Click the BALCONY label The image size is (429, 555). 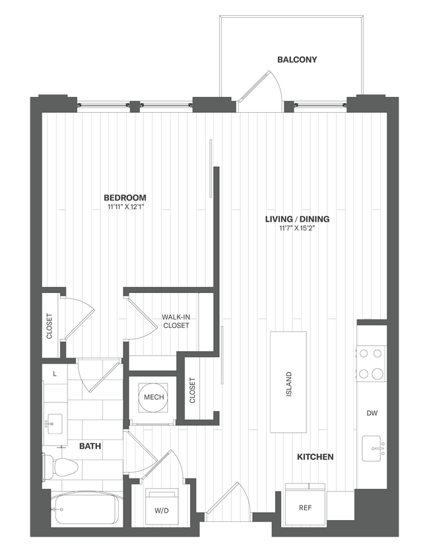[296, 59]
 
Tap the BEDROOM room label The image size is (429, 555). [125, 197]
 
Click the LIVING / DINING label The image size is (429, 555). [297, 219]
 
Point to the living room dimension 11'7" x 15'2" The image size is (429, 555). [297, 229]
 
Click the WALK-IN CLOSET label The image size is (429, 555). [176, 321]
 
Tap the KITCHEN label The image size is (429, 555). [315, 457]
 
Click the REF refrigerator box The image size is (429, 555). [305, 507]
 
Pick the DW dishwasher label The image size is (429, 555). [372, 413]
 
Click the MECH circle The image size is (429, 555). [154, 397]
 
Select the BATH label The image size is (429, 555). [90, 447]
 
